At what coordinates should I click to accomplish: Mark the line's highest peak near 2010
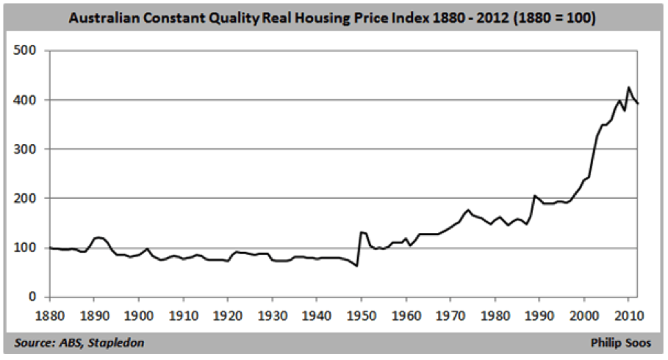pyautogui.click(x=628, y=87)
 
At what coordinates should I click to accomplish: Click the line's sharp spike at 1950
pyautogui.click(x=361, y=232)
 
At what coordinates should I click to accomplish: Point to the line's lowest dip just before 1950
pyautogui.click(x=357, y=266)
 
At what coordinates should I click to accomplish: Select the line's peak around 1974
pyautogui.click(x=467, y=210)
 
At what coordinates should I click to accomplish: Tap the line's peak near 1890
pyautogui.click(x=97, y=237)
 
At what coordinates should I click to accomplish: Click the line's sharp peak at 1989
pyautogui.click(x=534, y=195)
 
